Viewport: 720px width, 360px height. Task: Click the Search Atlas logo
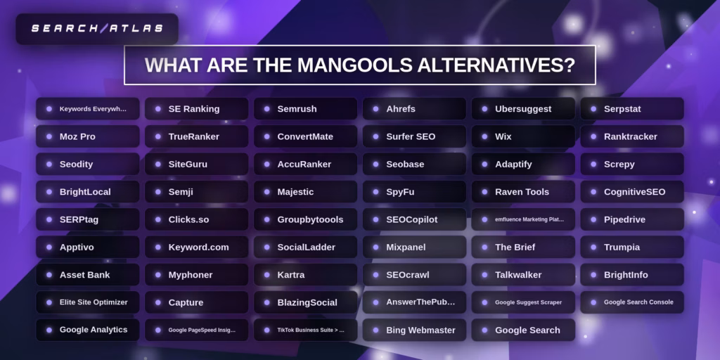[97, 29]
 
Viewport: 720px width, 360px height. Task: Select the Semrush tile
[305, 109]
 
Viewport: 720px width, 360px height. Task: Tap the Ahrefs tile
[414, 109]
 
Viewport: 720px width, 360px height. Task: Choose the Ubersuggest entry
[523, 109]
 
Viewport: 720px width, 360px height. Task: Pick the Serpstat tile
[632, 109]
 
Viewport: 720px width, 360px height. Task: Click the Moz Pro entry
[87, 136]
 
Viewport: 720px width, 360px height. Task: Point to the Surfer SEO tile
[414, 136]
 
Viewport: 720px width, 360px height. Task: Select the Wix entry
[523, 136]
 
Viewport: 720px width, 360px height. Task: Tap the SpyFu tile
[414, 192]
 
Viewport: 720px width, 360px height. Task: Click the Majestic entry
[305, 192]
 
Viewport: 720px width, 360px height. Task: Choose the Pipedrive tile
[632, 219]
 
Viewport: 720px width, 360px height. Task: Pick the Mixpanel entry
[414, 247]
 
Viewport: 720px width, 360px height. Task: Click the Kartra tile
[305, 275]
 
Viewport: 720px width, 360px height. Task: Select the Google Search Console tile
[632, 302]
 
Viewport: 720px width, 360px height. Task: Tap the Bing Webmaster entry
[414, 330]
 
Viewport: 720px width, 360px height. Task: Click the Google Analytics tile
[87, 330]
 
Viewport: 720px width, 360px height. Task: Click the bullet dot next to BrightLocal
[49, 192]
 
